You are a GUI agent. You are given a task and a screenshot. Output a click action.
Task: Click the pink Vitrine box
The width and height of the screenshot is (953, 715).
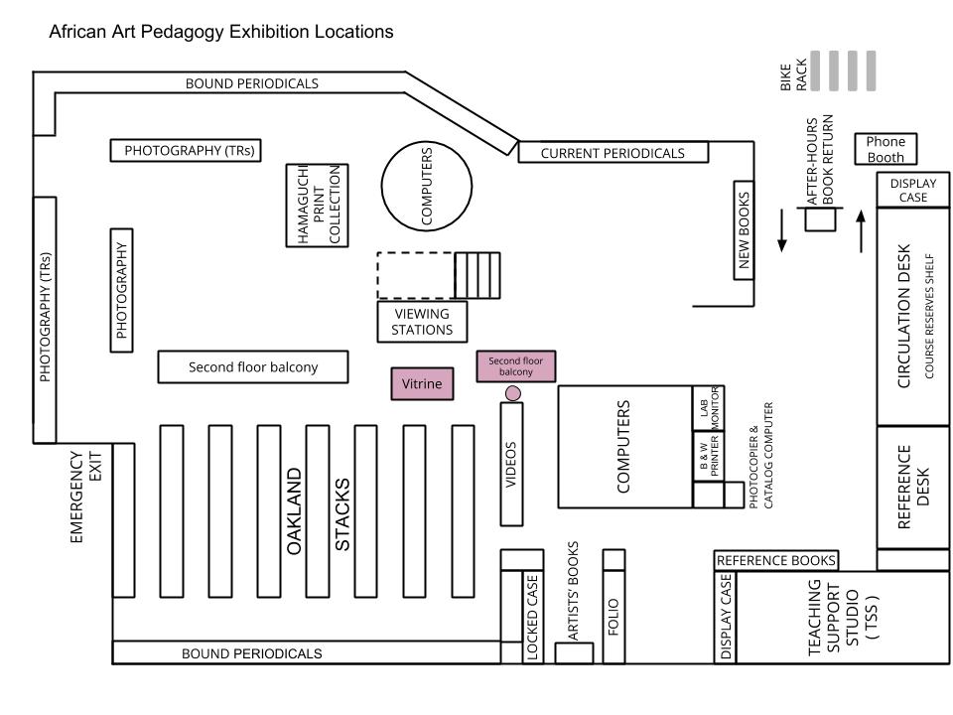point(422,383)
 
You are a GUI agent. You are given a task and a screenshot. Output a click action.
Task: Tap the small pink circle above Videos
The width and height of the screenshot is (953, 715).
point(513,393)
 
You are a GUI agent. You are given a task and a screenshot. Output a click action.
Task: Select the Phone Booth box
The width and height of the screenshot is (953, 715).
point(885,149)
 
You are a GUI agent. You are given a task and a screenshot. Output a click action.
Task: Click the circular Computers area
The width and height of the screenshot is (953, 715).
point(427,186)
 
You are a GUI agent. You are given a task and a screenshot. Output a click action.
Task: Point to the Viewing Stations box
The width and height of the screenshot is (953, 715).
point(422,322)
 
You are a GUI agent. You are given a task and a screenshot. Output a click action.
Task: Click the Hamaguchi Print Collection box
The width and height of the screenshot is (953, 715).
point(318,205)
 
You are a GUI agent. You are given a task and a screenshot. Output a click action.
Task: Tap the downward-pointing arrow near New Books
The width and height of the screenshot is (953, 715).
point(782,229)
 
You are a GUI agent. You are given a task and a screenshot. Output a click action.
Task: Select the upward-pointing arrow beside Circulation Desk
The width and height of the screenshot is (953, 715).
point(861,231)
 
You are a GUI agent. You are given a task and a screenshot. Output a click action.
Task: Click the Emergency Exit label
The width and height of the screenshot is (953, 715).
point(86,497)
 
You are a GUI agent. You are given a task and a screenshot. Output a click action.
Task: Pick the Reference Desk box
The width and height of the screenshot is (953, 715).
point(913,487)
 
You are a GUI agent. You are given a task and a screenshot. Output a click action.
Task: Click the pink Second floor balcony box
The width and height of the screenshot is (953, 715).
point(516,366)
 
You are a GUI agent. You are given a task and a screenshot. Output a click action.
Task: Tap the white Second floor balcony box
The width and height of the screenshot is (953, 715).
point(253,366)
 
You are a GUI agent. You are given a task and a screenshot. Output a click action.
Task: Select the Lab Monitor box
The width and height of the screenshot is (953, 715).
point(708,408)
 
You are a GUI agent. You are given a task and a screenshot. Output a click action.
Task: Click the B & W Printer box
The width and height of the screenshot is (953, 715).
point(708,456)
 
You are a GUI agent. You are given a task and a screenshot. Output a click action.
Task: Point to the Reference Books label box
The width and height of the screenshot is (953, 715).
point(776,560)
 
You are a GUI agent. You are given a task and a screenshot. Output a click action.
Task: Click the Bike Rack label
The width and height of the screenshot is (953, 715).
point(794,75)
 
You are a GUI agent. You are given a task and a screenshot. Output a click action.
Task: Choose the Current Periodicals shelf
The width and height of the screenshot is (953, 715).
point(613,153)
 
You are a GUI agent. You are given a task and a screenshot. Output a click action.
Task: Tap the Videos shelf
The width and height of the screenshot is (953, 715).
point(511,464)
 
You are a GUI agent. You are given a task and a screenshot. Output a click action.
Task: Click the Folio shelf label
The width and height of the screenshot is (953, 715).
point(613,617)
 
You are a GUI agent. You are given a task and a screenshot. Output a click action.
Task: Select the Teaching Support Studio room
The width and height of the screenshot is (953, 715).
point(843,617)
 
